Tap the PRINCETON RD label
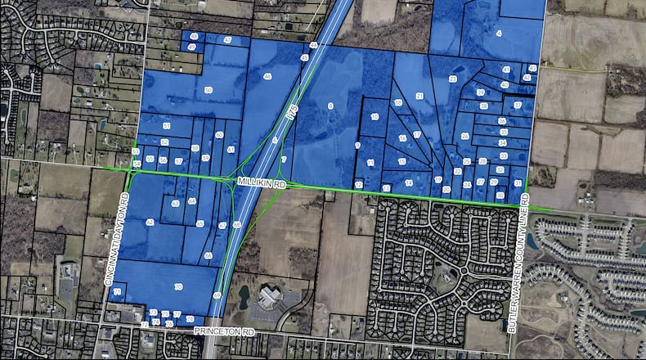pos(224,331)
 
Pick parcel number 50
pos(209,90)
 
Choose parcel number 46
pos(267,77)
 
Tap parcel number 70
pos(178,286)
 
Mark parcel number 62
pos(150,223)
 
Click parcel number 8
pos(330,106)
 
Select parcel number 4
pos(498,34)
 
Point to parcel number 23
pos(453,79)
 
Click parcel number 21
pos(419,97)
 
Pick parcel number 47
pos(191,48)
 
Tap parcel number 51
pos(166,126)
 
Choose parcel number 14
pos(408,182)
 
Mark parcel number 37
pos(517,106)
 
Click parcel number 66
pos(209,256)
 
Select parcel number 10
pos(375,118)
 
